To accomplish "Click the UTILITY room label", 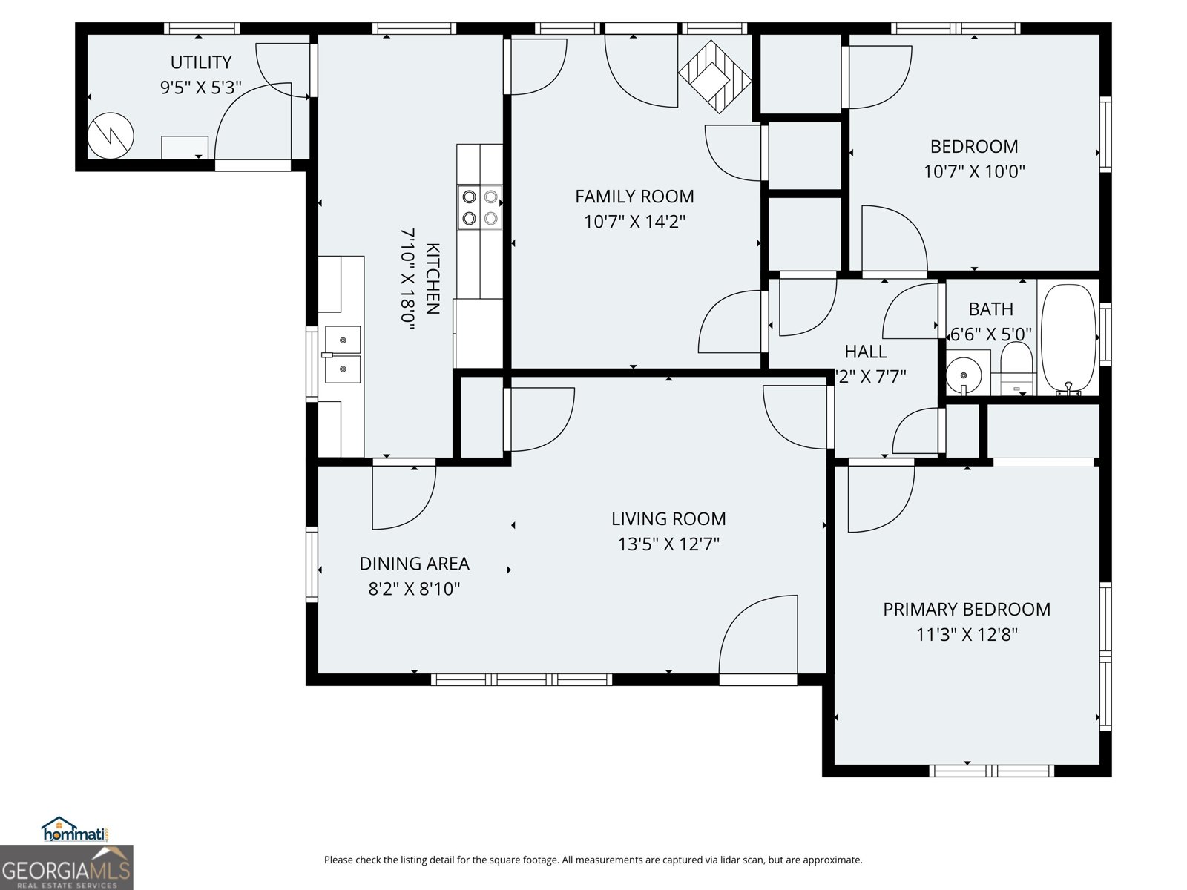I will coord(200,62).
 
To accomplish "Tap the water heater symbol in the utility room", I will coord(111,136).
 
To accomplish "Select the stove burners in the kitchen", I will coord(479,207).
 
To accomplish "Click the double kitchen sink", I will coord(342,355).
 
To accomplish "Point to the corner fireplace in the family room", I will coord(714,76).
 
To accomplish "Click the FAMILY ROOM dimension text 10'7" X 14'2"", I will coord(634,221).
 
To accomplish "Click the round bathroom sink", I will coord(964,372).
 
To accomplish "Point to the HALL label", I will coord(865,352).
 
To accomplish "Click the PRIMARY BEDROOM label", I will coord(966,610).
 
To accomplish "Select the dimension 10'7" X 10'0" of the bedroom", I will coord(973,171).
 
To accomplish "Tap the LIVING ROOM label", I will coord(668,519).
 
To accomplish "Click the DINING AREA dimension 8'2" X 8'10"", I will coord(414,589).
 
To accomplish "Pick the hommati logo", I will coord(75,830).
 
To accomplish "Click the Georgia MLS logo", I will coord(66,868).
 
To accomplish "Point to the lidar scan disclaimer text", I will coord(593,860).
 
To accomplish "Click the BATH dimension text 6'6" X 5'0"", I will coord(990,334).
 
